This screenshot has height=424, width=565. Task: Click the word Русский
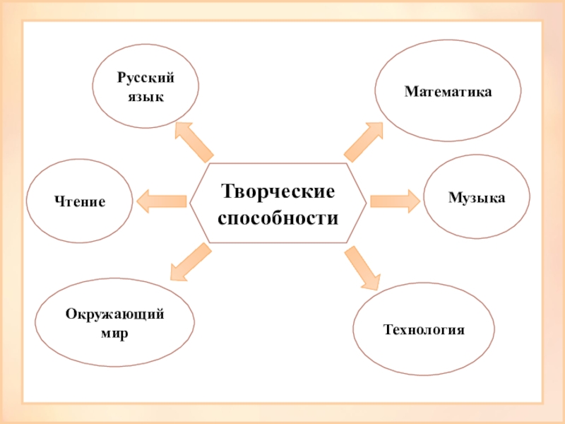pos(145,81)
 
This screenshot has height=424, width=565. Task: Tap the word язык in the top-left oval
pos(145,97)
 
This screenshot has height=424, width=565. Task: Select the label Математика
pos(448,92)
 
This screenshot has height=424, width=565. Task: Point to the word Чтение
pos(80,202)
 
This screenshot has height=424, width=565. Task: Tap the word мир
pos(115,331)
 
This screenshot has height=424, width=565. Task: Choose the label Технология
pos(423,329)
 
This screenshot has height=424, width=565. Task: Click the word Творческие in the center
pos(278,192)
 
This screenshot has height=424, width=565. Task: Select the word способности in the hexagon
pos(278,218)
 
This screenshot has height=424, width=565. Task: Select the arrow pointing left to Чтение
pos(162,201)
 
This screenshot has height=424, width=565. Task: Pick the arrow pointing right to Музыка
pos(394,201)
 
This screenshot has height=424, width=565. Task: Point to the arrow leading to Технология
pos(361,267)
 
